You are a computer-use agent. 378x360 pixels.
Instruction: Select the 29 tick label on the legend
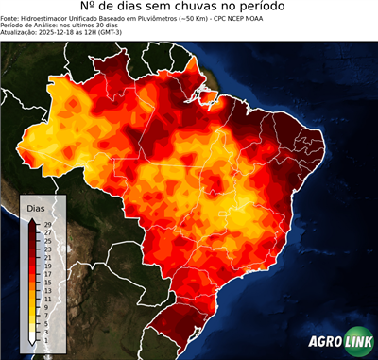(47, 224)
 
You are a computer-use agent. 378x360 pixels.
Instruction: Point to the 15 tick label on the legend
(47, 282)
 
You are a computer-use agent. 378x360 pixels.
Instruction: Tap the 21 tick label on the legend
(47, 257)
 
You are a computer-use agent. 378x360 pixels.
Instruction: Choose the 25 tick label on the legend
(47, 240)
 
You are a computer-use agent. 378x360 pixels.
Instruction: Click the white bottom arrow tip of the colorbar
(32, 344)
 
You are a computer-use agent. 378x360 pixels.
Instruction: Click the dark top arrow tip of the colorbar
(32, 219)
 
